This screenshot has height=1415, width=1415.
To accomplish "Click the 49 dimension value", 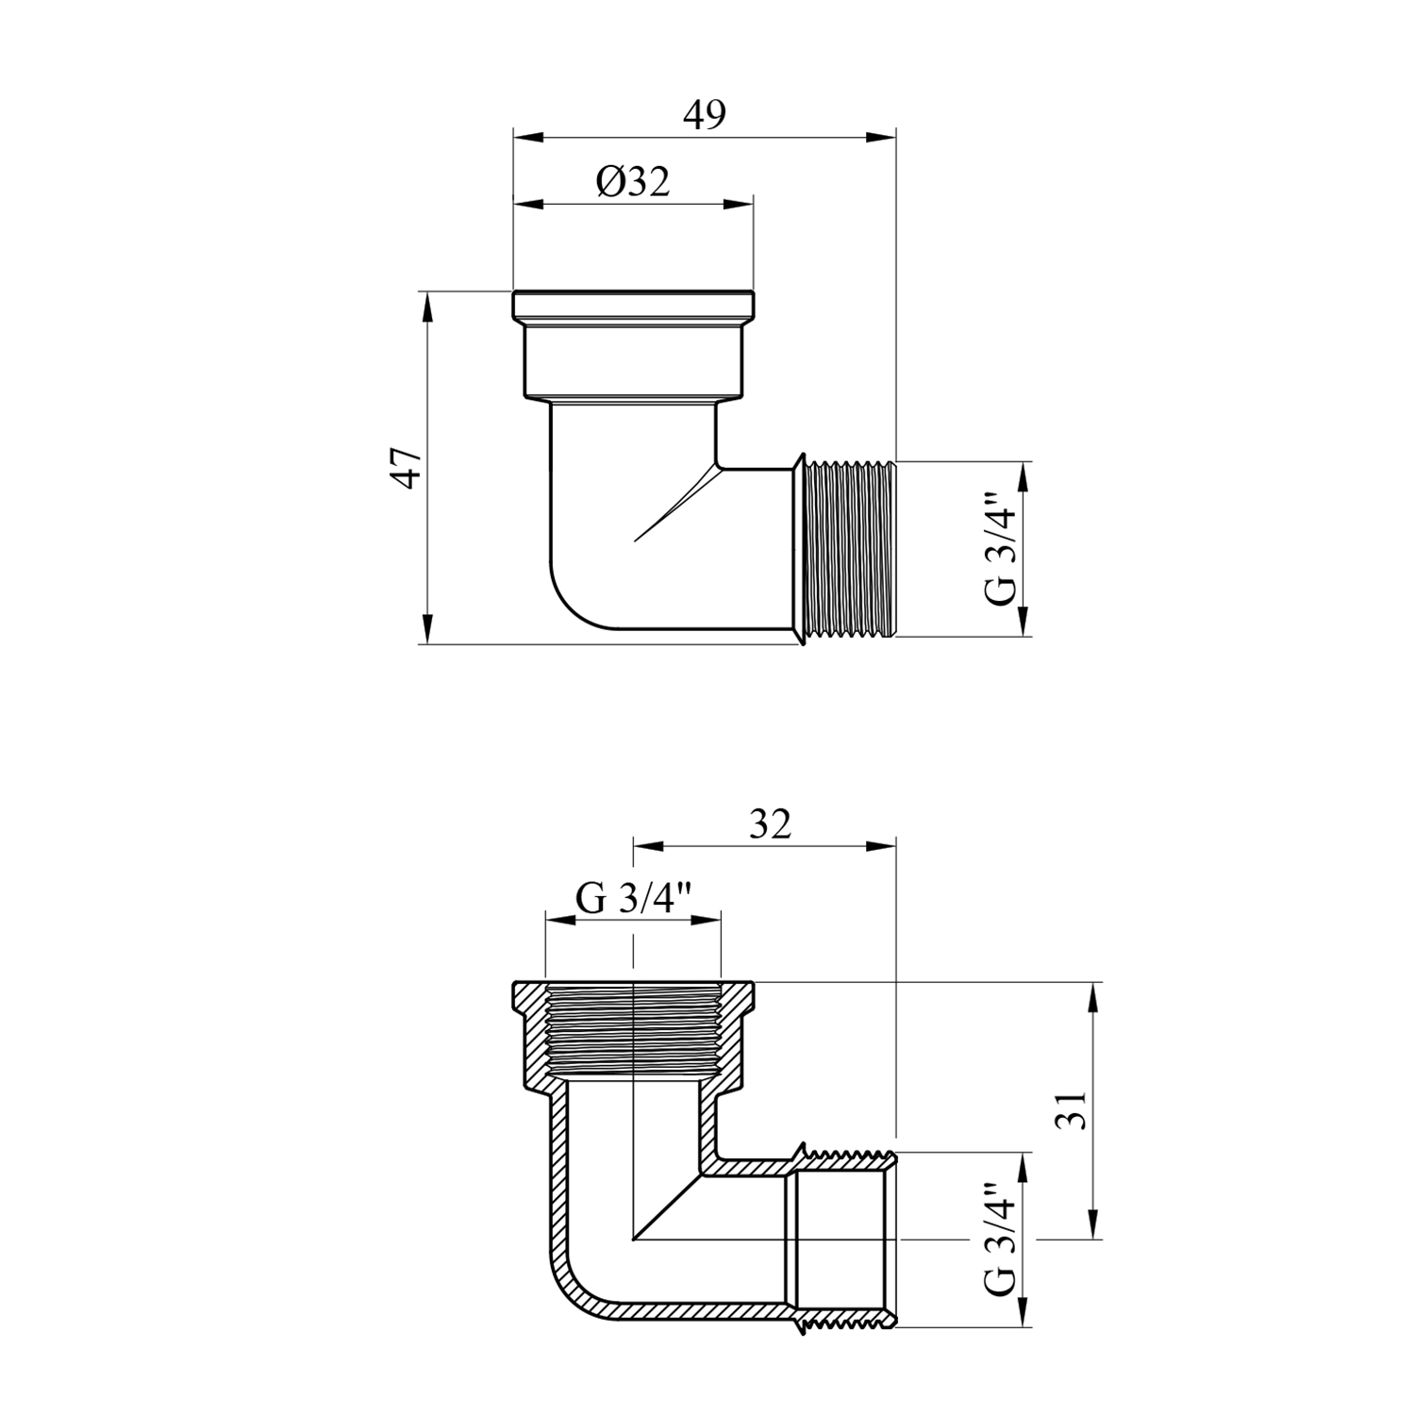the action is pyautogui.click(x=705, y=115).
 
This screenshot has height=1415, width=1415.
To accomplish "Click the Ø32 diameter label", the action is pyautogui.click(x=632, y=181).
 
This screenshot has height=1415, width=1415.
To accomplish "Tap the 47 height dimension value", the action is pyautogui.click(x=408, y=467).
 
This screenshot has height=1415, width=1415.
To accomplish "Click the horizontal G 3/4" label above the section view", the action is pyautogui.click(x=634, y=899).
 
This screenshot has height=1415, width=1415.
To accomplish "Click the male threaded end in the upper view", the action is pyautogui.click(x=846, y=549).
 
